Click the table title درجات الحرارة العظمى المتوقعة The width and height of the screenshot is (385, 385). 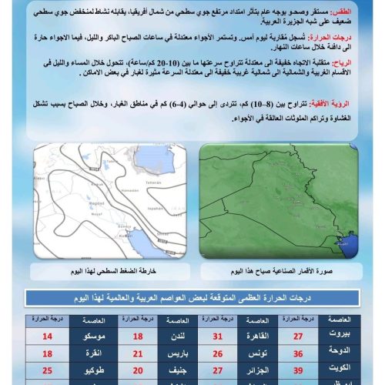(192, 298)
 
